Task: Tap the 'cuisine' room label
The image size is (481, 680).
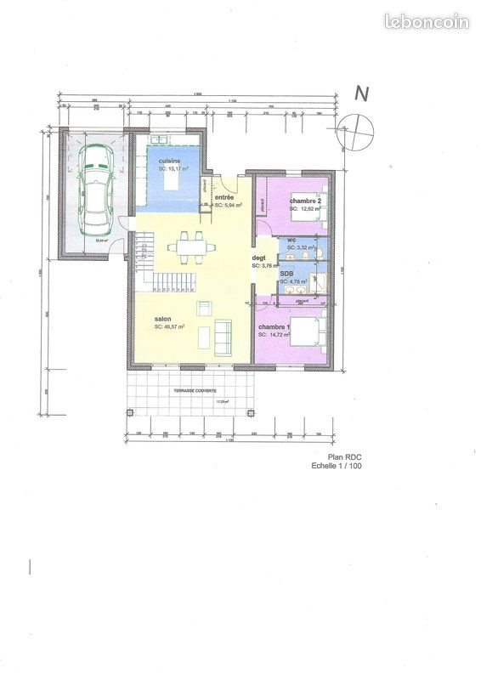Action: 169,160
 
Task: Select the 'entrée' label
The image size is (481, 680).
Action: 224,198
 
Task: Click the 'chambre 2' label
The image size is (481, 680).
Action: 304,201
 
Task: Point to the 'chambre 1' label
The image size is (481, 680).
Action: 274,327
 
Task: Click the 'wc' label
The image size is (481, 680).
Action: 291,240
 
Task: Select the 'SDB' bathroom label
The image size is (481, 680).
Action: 287,273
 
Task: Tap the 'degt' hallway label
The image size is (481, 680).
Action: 259,258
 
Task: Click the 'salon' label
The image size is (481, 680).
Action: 162,319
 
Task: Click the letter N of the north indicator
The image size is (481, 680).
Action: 360,94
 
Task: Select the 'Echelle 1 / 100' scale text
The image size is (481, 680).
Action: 337,466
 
